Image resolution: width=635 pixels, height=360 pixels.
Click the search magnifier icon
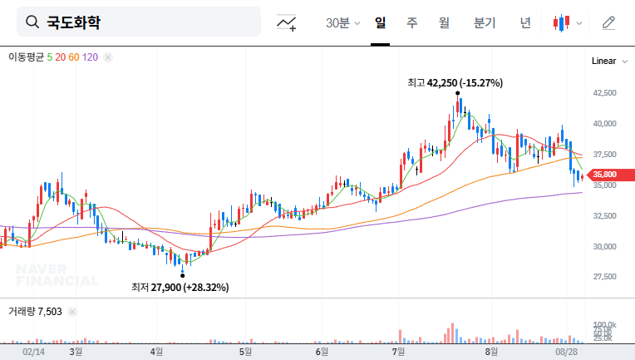(x=32, y=22)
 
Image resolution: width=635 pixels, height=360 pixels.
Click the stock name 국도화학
(x=73, y=22)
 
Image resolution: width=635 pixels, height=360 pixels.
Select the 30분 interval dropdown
(x=342, y=23)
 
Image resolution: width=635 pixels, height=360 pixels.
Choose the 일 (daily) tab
(x=381, y=23)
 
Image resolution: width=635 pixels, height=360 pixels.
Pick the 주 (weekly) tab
(x=412, y=23)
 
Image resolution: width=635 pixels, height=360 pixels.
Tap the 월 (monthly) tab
(x=444, y=23)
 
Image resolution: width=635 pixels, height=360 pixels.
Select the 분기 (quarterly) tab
(x=484, y=23)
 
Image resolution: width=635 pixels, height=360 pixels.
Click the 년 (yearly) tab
(x=525, y=23)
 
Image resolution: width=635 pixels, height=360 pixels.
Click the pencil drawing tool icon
(x=609, y=23)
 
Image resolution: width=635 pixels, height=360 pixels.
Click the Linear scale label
(x=603, y=62)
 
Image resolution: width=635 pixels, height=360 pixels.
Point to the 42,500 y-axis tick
(x=604, y=93)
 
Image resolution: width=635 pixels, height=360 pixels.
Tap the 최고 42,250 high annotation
(x=455, y=82)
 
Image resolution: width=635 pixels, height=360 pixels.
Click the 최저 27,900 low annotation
(x=180, y=287)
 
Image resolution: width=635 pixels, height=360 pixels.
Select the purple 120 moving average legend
(x=91, y=57)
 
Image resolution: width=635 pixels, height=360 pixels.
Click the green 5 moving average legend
(x=50, y=57)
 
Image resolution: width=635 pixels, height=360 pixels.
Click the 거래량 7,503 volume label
(x=35, y=311)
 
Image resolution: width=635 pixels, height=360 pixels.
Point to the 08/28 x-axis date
(x=567, y=352)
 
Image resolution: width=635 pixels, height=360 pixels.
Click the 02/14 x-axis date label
(x=33, y=352)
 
